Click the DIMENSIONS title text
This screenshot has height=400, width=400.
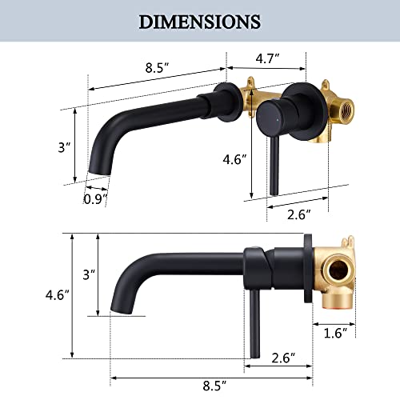coord(200,21)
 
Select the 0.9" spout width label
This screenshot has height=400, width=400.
coord(95,198)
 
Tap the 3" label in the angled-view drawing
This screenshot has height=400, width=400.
coord(62,147)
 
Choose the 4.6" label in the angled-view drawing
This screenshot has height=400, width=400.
coord(234,159)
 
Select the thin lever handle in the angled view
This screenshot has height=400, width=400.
coord(271,160)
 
